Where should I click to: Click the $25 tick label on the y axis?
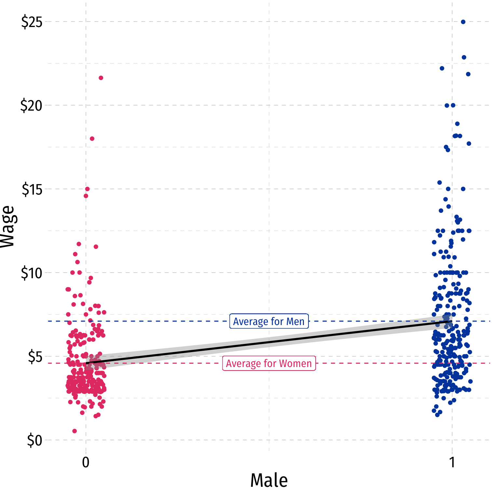(x=32, y=22)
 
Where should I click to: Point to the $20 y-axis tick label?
(x=32, y=106)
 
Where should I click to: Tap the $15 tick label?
(x=32, y=189)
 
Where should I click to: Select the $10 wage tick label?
(x=32, y=273)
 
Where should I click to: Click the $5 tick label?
(x=35, y=357)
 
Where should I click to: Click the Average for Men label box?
(x=269, y=321)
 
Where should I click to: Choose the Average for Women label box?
(x=269, y=363)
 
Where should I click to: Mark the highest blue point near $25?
(x=463, y=22)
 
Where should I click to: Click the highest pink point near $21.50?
(x=101, y=78)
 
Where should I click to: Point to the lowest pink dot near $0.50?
(x=75, y=431)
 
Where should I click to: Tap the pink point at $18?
(x=92, y=139)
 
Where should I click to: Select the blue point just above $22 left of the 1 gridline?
(x=442, y=68)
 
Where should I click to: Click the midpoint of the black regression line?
(x=269, y=342)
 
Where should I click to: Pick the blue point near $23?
(x=464, y=57)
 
